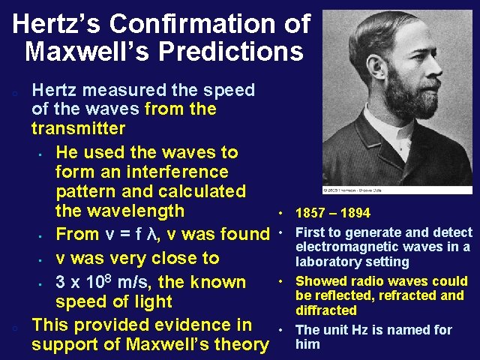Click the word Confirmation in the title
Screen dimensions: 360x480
click(200, 24)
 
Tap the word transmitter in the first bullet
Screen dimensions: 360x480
click(78, 128)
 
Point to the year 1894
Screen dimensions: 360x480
click(355, 214)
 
